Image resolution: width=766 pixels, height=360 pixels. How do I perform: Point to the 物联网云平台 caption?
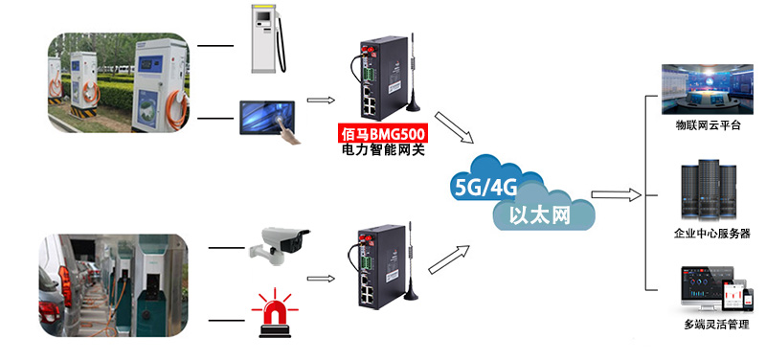click(708, 125)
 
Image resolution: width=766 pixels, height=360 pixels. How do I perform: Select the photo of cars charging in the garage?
click(113, 285)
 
